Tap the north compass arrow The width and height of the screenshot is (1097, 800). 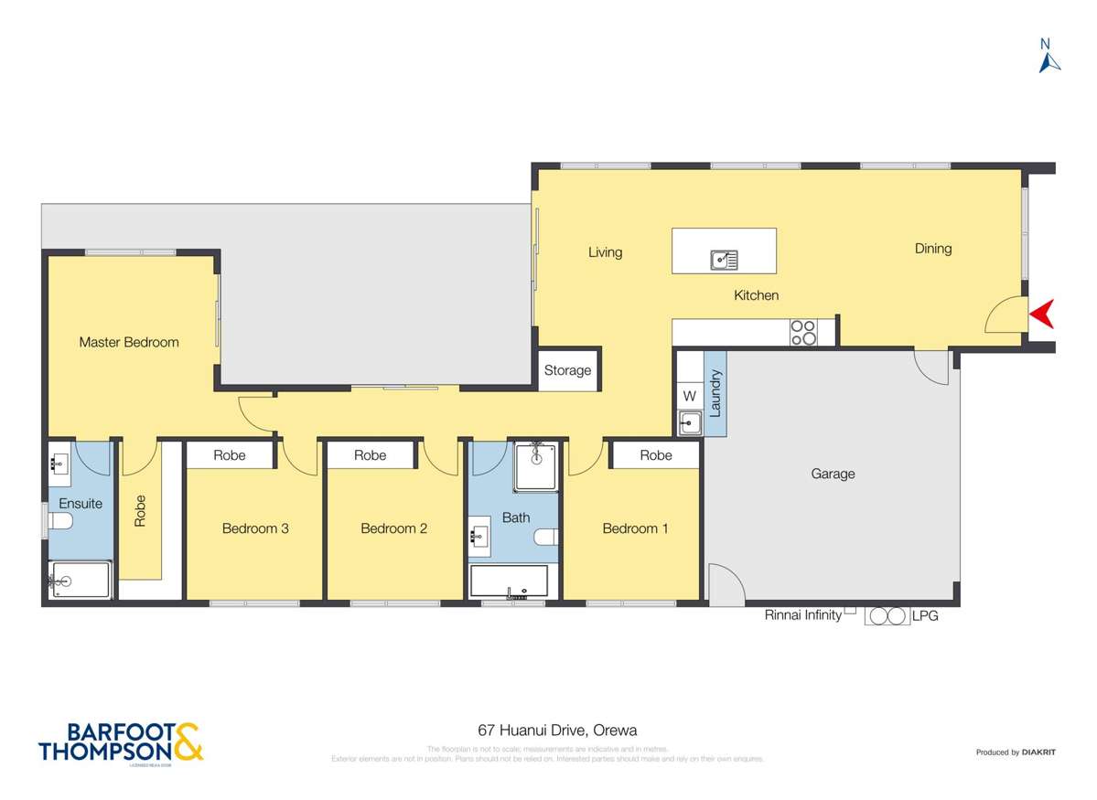tap(1049, 60)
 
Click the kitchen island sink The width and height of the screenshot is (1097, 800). tap(724, 261)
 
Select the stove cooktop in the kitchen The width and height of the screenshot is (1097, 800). tap(803, 332)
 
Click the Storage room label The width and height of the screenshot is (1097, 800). tap(567, 370)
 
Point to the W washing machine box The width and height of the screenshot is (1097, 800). tap(690, 397)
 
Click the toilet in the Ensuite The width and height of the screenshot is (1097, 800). tap(60, 522)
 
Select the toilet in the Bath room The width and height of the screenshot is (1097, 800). tap(544, 538)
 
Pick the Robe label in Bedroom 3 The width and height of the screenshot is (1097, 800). tap(230, 454)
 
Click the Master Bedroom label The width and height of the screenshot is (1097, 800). tap(129, 342)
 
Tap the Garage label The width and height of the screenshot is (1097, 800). tap(833, 474)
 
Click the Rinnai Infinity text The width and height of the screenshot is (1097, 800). tap(802, 615)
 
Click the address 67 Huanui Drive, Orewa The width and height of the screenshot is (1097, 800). tap(557, 730)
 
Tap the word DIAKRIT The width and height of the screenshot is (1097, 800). tap(1039, 752)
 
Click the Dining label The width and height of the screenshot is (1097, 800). tap(933, 248)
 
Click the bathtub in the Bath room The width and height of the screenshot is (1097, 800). tap(509, 581)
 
